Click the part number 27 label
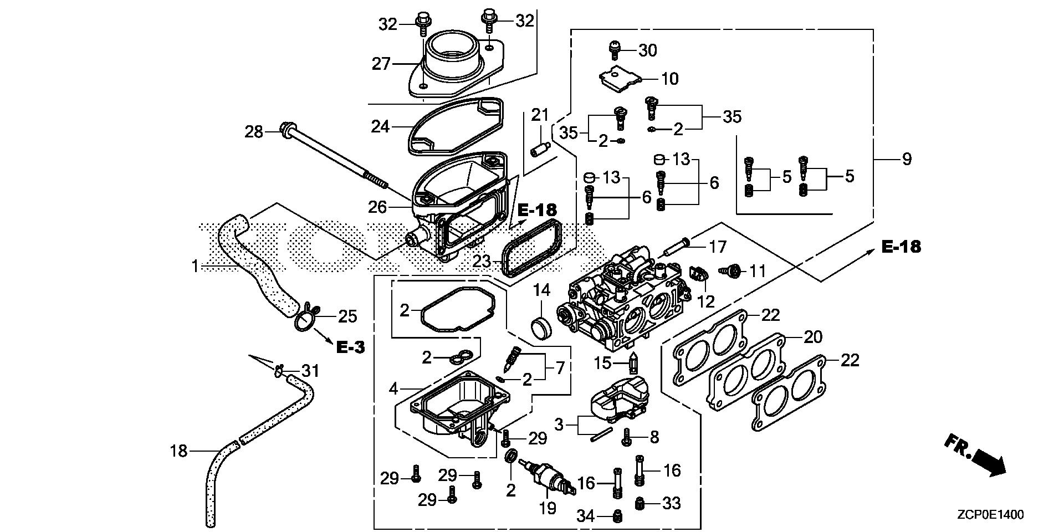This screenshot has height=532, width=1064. tap(381, 64)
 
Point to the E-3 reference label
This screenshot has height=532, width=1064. tap(350, 347)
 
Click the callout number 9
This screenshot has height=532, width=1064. tap(907, 160)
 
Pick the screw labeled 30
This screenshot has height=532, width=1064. tap(614, 50)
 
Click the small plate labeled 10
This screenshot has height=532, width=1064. tap(620, 78)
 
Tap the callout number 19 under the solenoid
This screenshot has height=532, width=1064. tap(548, 508)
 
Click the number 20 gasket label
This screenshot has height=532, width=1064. tap(813, 337)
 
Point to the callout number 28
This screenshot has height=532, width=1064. tap(254, 132)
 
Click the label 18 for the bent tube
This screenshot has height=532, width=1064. tap(179, 451)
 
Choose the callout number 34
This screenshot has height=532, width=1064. tap(585, 516)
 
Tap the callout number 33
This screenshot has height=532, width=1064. tap(672, 503)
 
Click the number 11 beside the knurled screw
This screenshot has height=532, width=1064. tap(757, 271)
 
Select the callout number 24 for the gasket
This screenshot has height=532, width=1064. tap(381, 127)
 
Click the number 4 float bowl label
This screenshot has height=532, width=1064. tap(393, 388)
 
